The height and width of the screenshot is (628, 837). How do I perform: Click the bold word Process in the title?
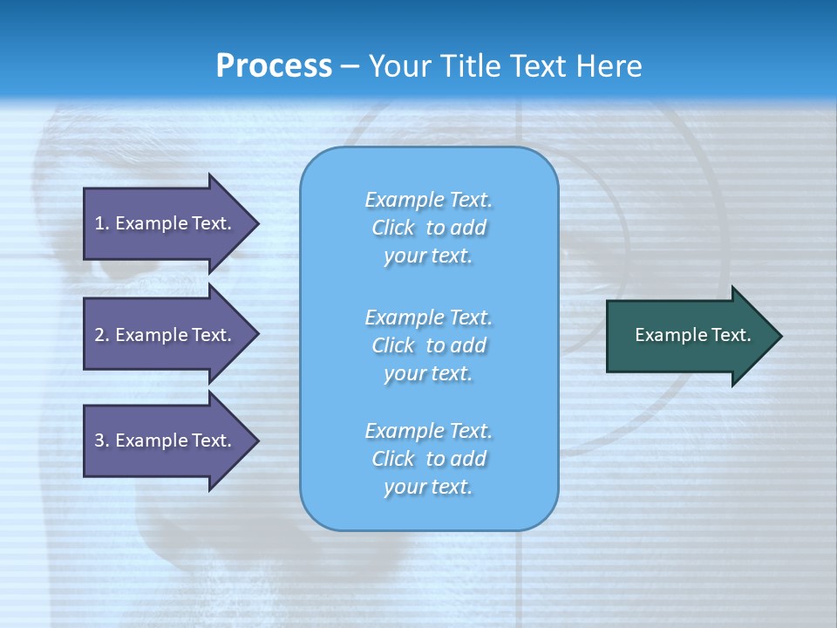274,66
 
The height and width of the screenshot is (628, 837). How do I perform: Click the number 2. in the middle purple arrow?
101,335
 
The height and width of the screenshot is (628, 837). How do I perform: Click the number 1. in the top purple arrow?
101,223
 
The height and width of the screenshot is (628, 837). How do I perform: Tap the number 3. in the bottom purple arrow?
101,440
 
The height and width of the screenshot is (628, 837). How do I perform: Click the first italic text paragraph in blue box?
428,228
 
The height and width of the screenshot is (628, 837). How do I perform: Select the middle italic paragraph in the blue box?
428,345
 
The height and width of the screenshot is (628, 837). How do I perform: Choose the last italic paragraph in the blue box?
428,459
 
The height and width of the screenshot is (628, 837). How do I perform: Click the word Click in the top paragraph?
393,228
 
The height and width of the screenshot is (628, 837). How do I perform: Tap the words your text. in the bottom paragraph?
428,487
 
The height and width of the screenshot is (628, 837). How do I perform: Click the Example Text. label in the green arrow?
693,335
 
